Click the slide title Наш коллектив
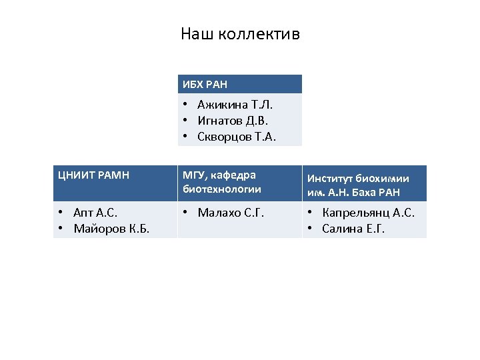pyautogui.click(x=240, y=33)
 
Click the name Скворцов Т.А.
pyautogui.click(x=237, y=137)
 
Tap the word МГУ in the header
pyautogui.click(x=192, y=175)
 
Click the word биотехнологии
pyautogui.click(x=220, y=189)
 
